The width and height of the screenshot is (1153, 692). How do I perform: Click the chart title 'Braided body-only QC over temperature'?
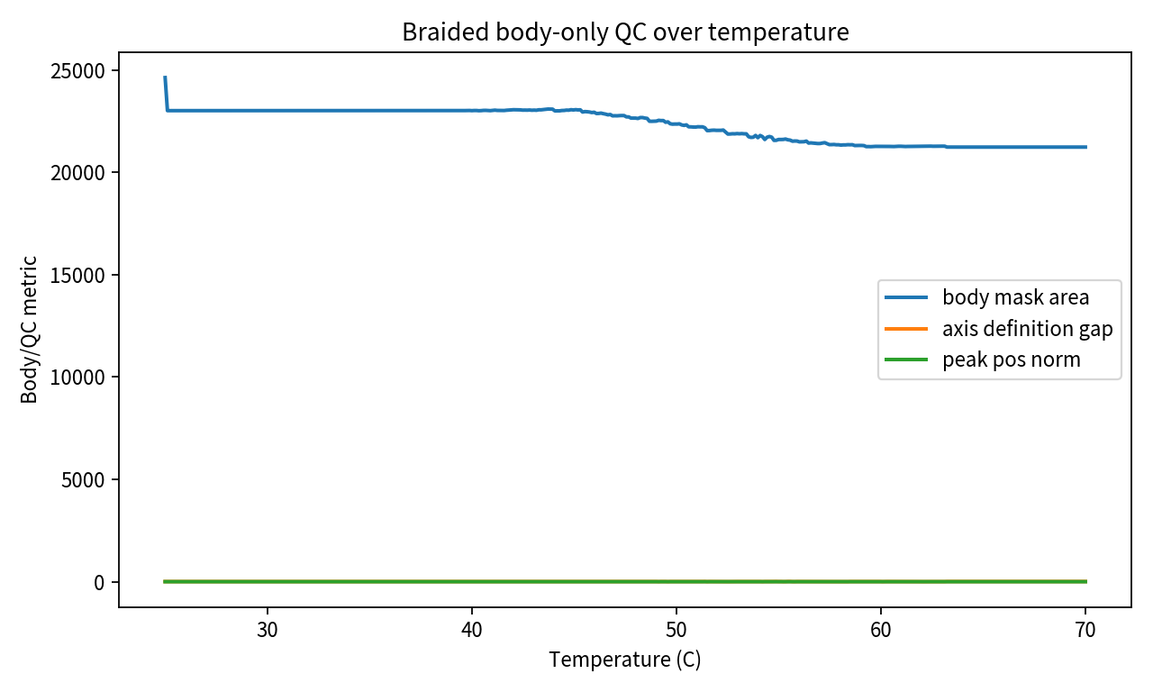625,32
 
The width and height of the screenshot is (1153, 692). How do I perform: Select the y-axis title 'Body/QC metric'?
31,329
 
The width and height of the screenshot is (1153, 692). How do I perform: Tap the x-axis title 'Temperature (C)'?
625,660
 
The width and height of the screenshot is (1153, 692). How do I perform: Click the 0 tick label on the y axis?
101,582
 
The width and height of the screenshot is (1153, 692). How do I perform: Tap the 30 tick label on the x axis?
268,629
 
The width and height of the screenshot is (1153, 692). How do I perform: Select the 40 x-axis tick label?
472,629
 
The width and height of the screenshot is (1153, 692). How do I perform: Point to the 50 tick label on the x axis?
676,629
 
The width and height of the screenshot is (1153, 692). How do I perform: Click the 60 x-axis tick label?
881,629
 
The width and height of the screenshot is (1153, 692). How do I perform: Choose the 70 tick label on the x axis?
1085,629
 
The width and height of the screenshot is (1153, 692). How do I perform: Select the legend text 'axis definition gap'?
1028,329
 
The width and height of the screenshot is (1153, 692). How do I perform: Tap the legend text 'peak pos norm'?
1011,360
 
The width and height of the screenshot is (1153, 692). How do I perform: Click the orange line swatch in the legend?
906,329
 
